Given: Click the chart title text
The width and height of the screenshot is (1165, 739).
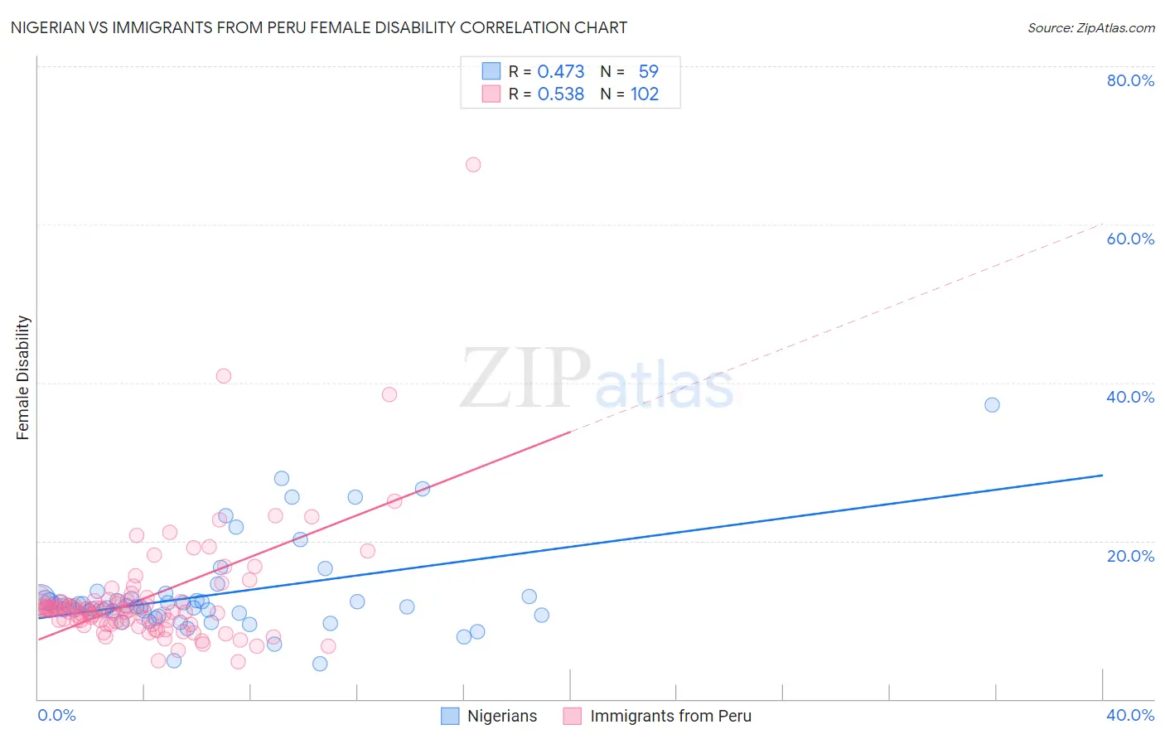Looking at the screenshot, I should [x=318, y=27].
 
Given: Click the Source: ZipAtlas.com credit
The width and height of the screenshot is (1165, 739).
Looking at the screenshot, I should [x=1090, y=27].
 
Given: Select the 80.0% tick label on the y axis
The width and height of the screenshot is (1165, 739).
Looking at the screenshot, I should [x=1130, y=80].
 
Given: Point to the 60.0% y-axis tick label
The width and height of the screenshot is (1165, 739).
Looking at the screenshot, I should [x=1130, y=239].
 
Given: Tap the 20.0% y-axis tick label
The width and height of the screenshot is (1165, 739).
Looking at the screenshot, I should [x=1130, y=556].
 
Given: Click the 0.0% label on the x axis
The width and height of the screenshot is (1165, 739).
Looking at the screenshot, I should [x=56, y=715].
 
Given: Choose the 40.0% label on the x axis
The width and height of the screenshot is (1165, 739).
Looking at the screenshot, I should [x=1130, y=715].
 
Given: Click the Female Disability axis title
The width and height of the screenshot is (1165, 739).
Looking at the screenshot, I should [x=23, y=377].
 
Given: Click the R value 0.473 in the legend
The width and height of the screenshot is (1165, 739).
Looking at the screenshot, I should [x=561, y=72].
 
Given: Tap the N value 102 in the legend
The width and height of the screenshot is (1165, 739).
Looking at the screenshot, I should [x=645, y=94].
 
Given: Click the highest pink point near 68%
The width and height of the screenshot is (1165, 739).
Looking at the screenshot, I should [x=473, y=165].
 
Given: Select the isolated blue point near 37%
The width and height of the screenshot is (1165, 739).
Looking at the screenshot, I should [x=992, y=405].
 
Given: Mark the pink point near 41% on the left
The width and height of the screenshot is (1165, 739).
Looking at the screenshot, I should [x=223, y=376].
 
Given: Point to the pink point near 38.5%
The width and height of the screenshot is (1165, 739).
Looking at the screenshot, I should [x=389, y=394].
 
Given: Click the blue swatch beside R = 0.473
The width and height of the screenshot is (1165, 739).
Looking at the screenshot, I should [x=491, y=71].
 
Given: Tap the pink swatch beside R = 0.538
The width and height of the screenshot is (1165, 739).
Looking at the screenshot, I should [x=491, y=94].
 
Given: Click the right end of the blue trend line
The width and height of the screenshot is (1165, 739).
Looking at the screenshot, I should [x=1102, y=476].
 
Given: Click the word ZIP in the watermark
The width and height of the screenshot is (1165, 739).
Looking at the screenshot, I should [x=525, y=379].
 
